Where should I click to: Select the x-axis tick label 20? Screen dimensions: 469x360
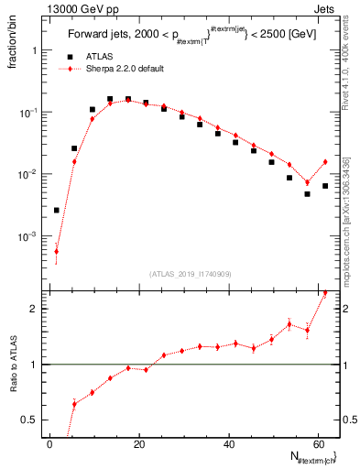pyautogui.click(x=139, y=444)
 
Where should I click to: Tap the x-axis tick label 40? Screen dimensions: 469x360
pyautogui.click(x=228, y=444)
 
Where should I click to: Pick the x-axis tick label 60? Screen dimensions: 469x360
pyautogui.click(x=317, y=444)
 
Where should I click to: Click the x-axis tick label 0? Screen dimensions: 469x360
pyautogui.click(x=50, y=444)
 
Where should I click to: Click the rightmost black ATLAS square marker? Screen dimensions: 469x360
pyautogui.click(x=325, y=186)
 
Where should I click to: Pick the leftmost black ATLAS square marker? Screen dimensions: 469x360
pyautogui.click(x=57, y=210)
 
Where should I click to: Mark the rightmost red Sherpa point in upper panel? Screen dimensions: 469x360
pyautogui.click(x=325, y=162)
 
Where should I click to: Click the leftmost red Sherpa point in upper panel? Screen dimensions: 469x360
pyautogui.click(x=57, y=251)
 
